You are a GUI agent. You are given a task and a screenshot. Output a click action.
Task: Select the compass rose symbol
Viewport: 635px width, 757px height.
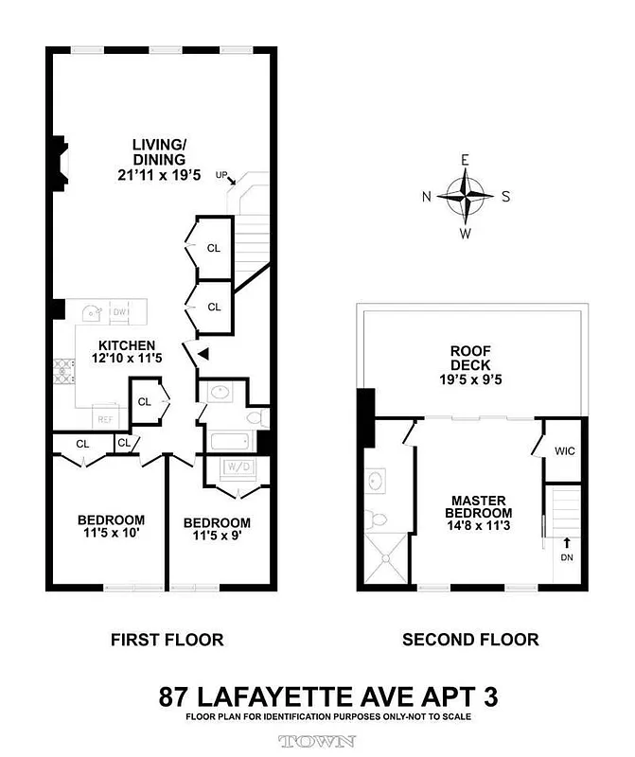point(466,197)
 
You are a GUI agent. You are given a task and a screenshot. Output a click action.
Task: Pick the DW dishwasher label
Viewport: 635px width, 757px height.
point(120,312)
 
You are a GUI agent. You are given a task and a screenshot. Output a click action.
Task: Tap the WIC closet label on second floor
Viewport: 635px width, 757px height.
point(564,451)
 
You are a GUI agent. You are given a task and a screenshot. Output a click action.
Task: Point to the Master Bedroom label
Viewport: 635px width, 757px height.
point(478,506)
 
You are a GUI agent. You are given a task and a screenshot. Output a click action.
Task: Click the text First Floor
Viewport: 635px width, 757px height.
point(168,641)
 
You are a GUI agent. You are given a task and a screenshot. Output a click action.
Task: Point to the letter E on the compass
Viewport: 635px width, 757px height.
point(466,161)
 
